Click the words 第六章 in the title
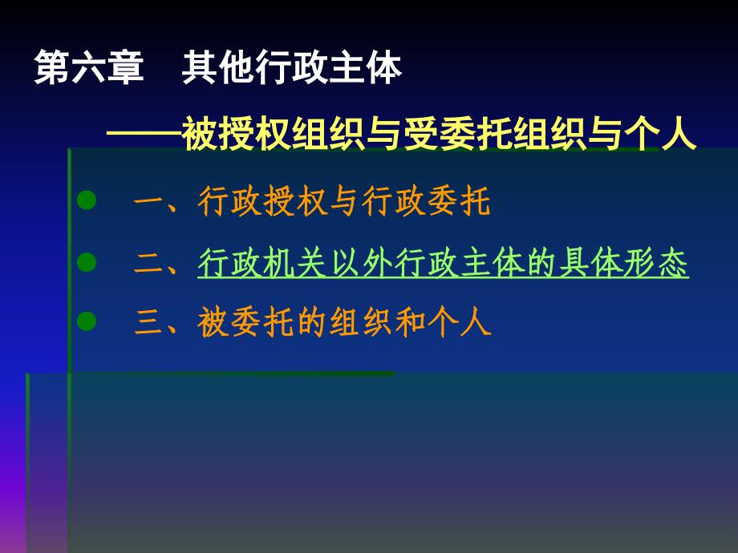89,67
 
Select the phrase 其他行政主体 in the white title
292,67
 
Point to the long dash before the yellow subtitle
144,134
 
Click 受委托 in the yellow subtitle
458,134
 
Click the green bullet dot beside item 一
87,200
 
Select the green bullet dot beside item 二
87,262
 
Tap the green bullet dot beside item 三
87,321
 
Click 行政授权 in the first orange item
262,201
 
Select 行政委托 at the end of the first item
427,201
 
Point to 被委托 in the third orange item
246,322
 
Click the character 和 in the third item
410,322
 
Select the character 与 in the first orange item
344,201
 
